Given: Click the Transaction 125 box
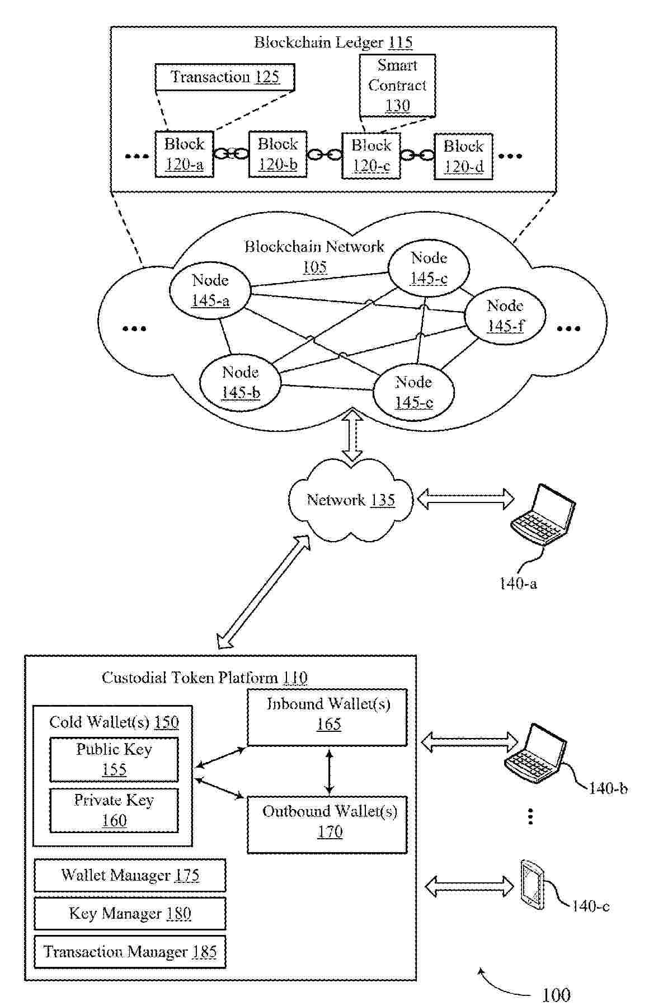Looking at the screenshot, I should coord(224,77).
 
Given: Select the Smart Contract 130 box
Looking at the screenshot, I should coord(397,86).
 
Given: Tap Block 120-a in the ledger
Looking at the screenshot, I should coord(184,154).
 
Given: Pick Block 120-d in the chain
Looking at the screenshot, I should coord(463,156).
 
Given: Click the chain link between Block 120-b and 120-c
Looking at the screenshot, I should coord(324,154).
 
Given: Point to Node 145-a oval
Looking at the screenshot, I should coord(210,290).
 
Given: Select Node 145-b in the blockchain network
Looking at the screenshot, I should coord(241,382).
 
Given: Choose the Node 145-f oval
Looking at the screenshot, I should coord(505,316).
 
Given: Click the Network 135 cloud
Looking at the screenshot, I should coord(351,500).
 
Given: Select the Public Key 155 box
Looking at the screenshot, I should coord(114,759).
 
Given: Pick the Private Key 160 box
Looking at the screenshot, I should coord(114,810).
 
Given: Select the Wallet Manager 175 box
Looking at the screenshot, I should coord(130,875).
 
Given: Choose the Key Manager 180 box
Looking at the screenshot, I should coord(130,913).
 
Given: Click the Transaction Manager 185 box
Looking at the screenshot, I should coord(130,952).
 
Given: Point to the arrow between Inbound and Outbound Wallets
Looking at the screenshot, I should coord(329,772).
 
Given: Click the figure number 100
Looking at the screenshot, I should coord(556,994).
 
